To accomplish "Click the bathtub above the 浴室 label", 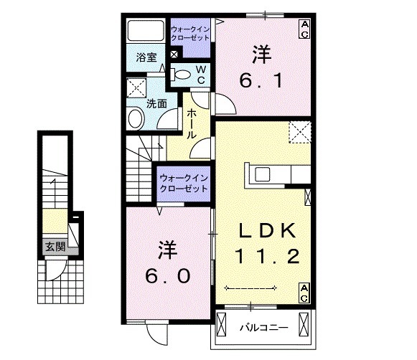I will [146, 32].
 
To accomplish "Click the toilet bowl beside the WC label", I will [183, 73].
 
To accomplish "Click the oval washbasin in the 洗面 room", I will [135, 118].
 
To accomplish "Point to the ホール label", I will [192, 124].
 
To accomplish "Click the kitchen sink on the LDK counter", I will [260, 175].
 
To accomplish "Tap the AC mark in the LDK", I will [304, 292].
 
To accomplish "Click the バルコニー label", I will [263, 328].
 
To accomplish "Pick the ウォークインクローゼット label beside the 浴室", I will [190, 34].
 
